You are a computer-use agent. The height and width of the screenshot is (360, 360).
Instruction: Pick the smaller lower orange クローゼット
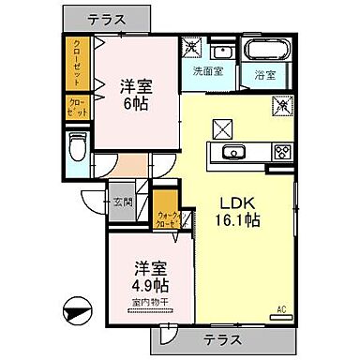click(76, 108)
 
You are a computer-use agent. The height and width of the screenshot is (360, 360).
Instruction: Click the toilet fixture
click(77, 145)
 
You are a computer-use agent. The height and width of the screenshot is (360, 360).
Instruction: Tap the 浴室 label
click(263, 74)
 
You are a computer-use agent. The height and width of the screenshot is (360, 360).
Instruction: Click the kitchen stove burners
click(281, 152)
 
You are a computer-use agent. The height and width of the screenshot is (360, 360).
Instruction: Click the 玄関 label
click(122, 202)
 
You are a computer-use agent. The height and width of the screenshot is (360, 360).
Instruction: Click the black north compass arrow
click(78, 310)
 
